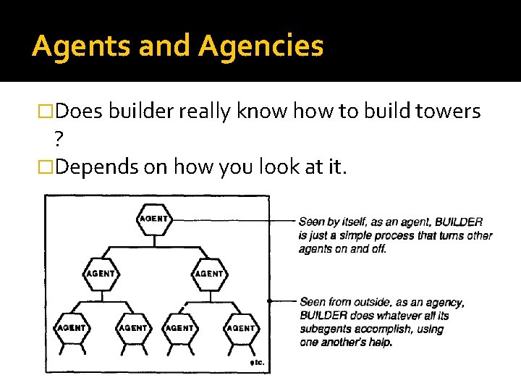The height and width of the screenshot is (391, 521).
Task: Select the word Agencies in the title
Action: click(x=260, y=46)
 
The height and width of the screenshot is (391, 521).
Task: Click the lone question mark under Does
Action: click(x=58, y=139)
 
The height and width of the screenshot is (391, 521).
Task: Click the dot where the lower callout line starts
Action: click(x=269, y=300)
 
